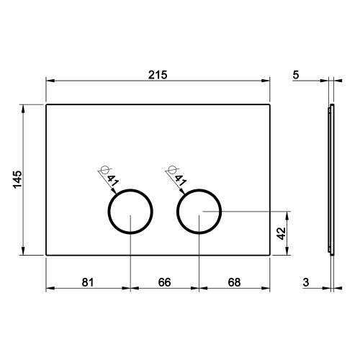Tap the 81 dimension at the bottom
coord(88,282)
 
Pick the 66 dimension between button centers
coord(163,282)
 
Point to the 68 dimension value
coord(233,282)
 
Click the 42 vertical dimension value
coord(282,233)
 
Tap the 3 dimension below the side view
coord(306,282)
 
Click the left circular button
coord(130,212)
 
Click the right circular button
coord(199,212)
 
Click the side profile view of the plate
coord(331,179)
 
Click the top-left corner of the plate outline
coord(47,105)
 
